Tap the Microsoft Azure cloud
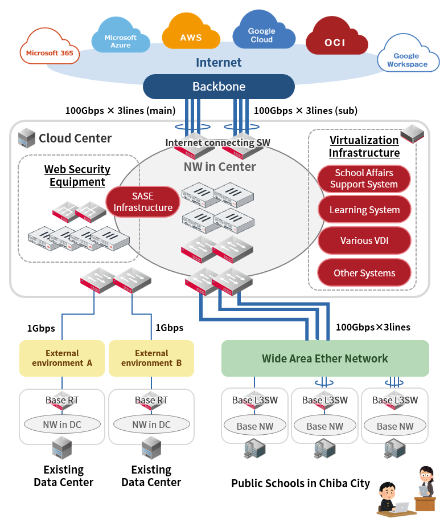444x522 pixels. click(121, 38)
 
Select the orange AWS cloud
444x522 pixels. click(191, 35)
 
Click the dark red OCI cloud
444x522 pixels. click(335, 40)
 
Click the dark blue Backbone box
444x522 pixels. click(219, 87)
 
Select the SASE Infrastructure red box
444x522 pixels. click(143, 202)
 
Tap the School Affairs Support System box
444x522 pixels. click(364, 179)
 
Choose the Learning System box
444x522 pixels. click(364, 210)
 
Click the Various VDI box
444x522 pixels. click(364, 240)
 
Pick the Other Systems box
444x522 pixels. click(364, 273)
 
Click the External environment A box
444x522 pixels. click(62, 358)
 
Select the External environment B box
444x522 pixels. click(151, 358)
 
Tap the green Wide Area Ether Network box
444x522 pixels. click(324, 358)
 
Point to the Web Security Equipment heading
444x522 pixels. click(77, 176)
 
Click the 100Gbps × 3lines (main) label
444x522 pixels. click(120, 111)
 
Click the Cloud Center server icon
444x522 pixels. click(26, 137)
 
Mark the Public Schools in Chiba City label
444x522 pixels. click(301, 484)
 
